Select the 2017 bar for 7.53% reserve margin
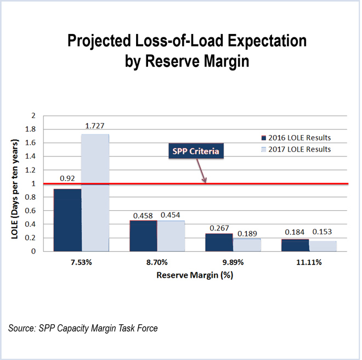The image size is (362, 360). [x=95, y=192]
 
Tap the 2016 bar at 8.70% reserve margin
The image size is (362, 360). [x=143, y=235]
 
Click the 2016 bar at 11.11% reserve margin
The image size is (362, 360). [x=295, y=245]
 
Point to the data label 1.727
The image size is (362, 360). [x=95, y=127]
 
